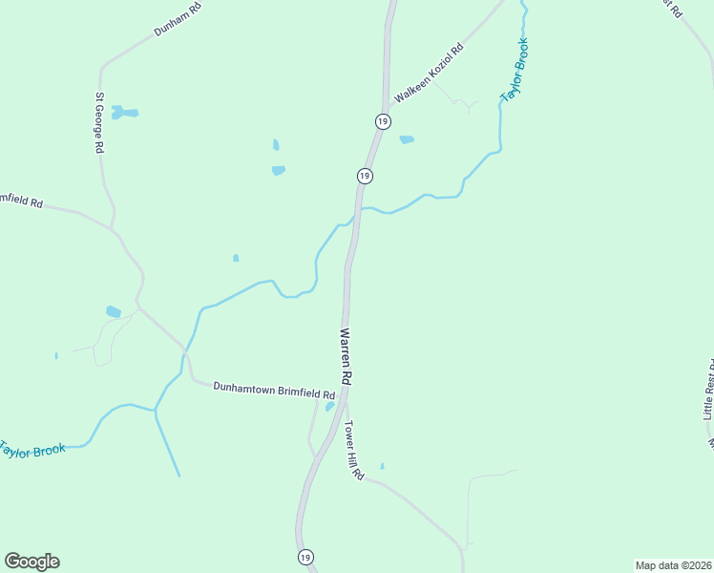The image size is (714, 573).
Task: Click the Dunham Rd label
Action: pyautogui.click(x=178, y=19)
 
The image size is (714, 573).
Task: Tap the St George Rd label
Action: pyautogui.click(x=98, y=123)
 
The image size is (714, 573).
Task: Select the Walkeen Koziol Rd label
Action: pyautogui.click(x=429, y=74)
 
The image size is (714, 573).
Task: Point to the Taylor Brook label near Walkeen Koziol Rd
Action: pyautogui.click(x=514, y=70)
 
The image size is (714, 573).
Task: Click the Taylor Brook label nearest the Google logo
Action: pyautogui.click(x=32, y=448)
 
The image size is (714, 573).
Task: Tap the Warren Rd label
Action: pyautogui.click(x=346, y=357)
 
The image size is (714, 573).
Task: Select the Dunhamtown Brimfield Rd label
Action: pyautogui.click(x=274, y=391)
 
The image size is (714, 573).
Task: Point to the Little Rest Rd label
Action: pyautogui.click(x=708, y=390)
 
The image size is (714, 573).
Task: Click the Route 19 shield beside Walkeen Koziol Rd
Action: pyautogui.click(x=382, y=121)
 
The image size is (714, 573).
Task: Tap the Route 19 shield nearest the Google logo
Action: pyautogui.click(x=305, y=557)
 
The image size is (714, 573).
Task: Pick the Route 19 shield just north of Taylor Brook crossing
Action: pyautogui.click(x=365, y=176)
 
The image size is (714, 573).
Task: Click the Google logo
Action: pyautogui.click(x=32, y=562)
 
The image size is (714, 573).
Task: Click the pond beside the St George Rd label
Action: pyautogui.click(x=124, y=113)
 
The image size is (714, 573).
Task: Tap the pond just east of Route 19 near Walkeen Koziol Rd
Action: pyautogui.click(x=407, y=139)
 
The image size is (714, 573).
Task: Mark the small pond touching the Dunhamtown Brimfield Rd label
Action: pyautogui.click(x=329, y=406)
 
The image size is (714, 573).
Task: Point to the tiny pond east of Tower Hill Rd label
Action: pyautogui.click(x=382, y=466)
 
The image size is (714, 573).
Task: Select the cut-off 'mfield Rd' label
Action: pyautogui.click(x=21, y=202)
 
